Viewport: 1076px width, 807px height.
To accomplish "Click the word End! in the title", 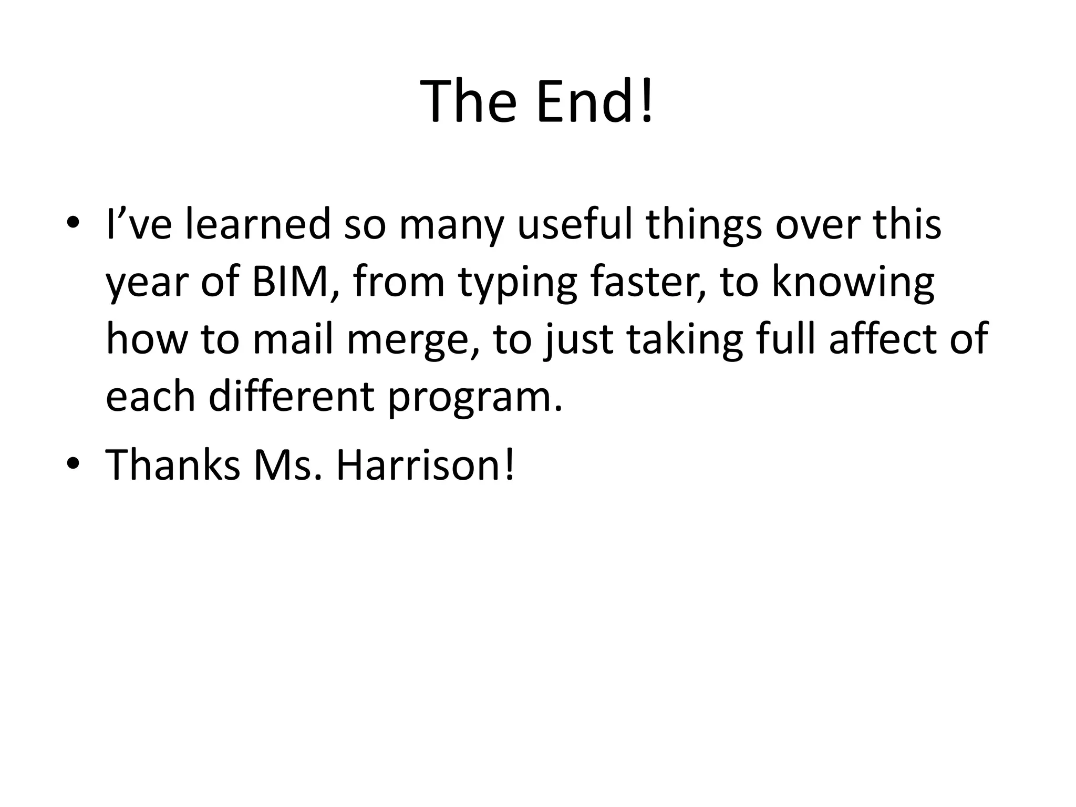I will (595, 101).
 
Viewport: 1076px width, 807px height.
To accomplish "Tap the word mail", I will (293, 339).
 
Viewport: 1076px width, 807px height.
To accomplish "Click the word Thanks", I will (173, 465).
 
